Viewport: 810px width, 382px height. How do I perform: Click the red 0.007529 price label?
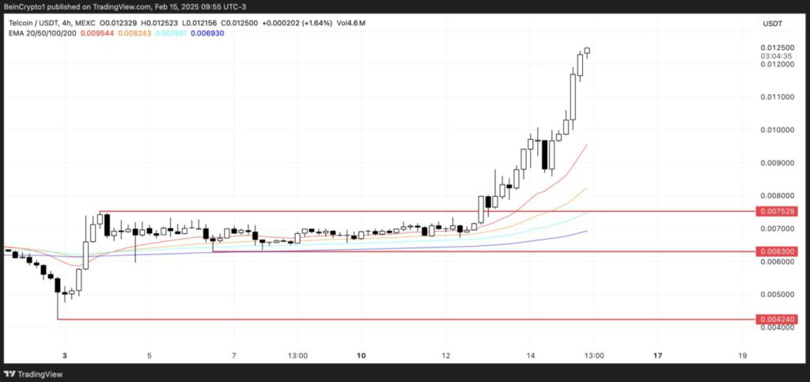[776, 212]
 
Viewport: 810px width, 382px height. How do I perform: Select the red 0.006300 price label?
[776, 252]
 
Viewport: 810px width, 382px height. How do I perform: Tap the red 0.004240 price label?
[776, 320]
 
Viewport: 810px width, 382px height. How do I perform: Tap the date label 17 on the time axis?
[658, 355]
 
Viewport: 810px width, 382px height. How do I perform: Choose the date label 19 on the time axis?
[742, 355]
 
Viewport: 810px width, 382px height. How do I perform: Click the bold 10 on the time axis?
[361, 355]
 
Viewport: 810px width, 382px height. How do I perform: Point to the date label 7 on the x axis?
[234, 355]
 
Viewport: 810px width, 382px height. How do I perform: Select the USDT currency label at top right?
[772, 25]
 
